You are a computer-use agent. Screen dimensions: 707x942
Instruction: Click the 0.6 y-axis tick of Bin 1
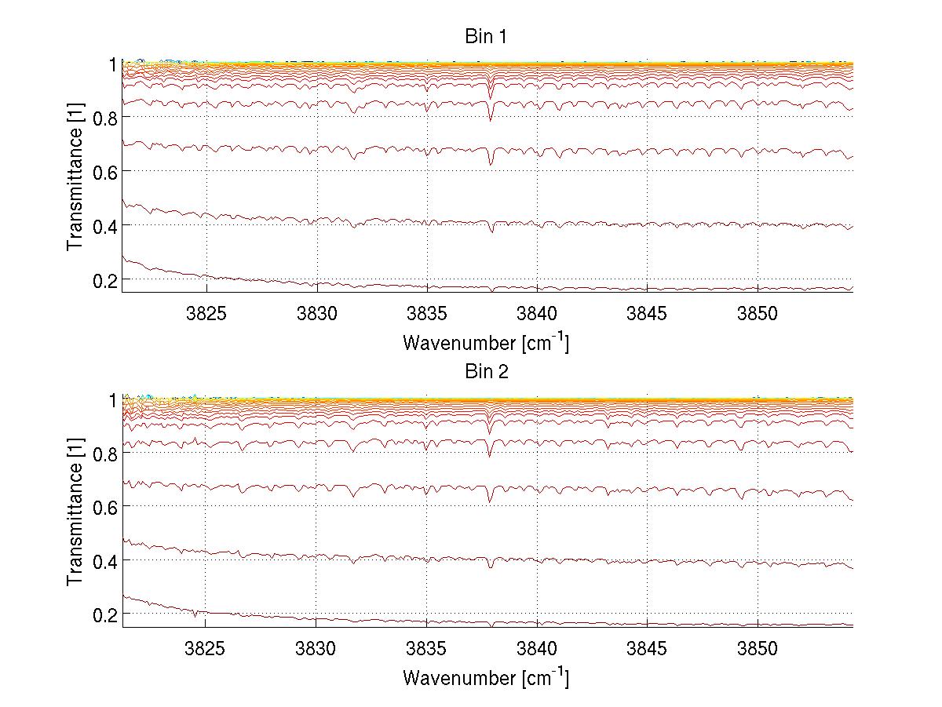(x=103, y=171)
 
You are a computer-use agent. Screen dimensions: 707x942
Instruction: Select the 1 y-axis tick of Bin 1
(x=112, y=64)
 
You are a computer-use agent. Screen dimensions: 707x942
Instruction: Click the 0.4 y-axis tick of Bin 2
(x=103, y=560)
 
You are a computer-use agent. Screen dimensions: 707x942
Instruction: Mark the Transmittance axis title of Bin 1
(x=76, y=177)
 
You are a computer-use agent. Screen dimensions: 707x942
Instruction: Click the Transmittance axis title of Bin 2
(x=76, y=512)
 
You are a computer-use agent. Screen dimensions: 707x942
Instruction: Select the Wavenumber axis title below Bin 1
(x=486, y=343)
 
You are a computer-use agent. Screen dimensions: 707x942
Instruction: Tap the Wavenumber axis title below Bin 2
(x=486, y=677)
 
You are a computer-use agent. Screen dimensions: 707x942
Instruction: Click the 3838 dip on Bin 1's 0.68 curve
(x=491, y=164)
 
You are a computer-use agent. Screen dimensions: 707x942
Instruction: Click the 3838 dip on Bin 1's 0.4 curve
(x=491, y=231)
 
